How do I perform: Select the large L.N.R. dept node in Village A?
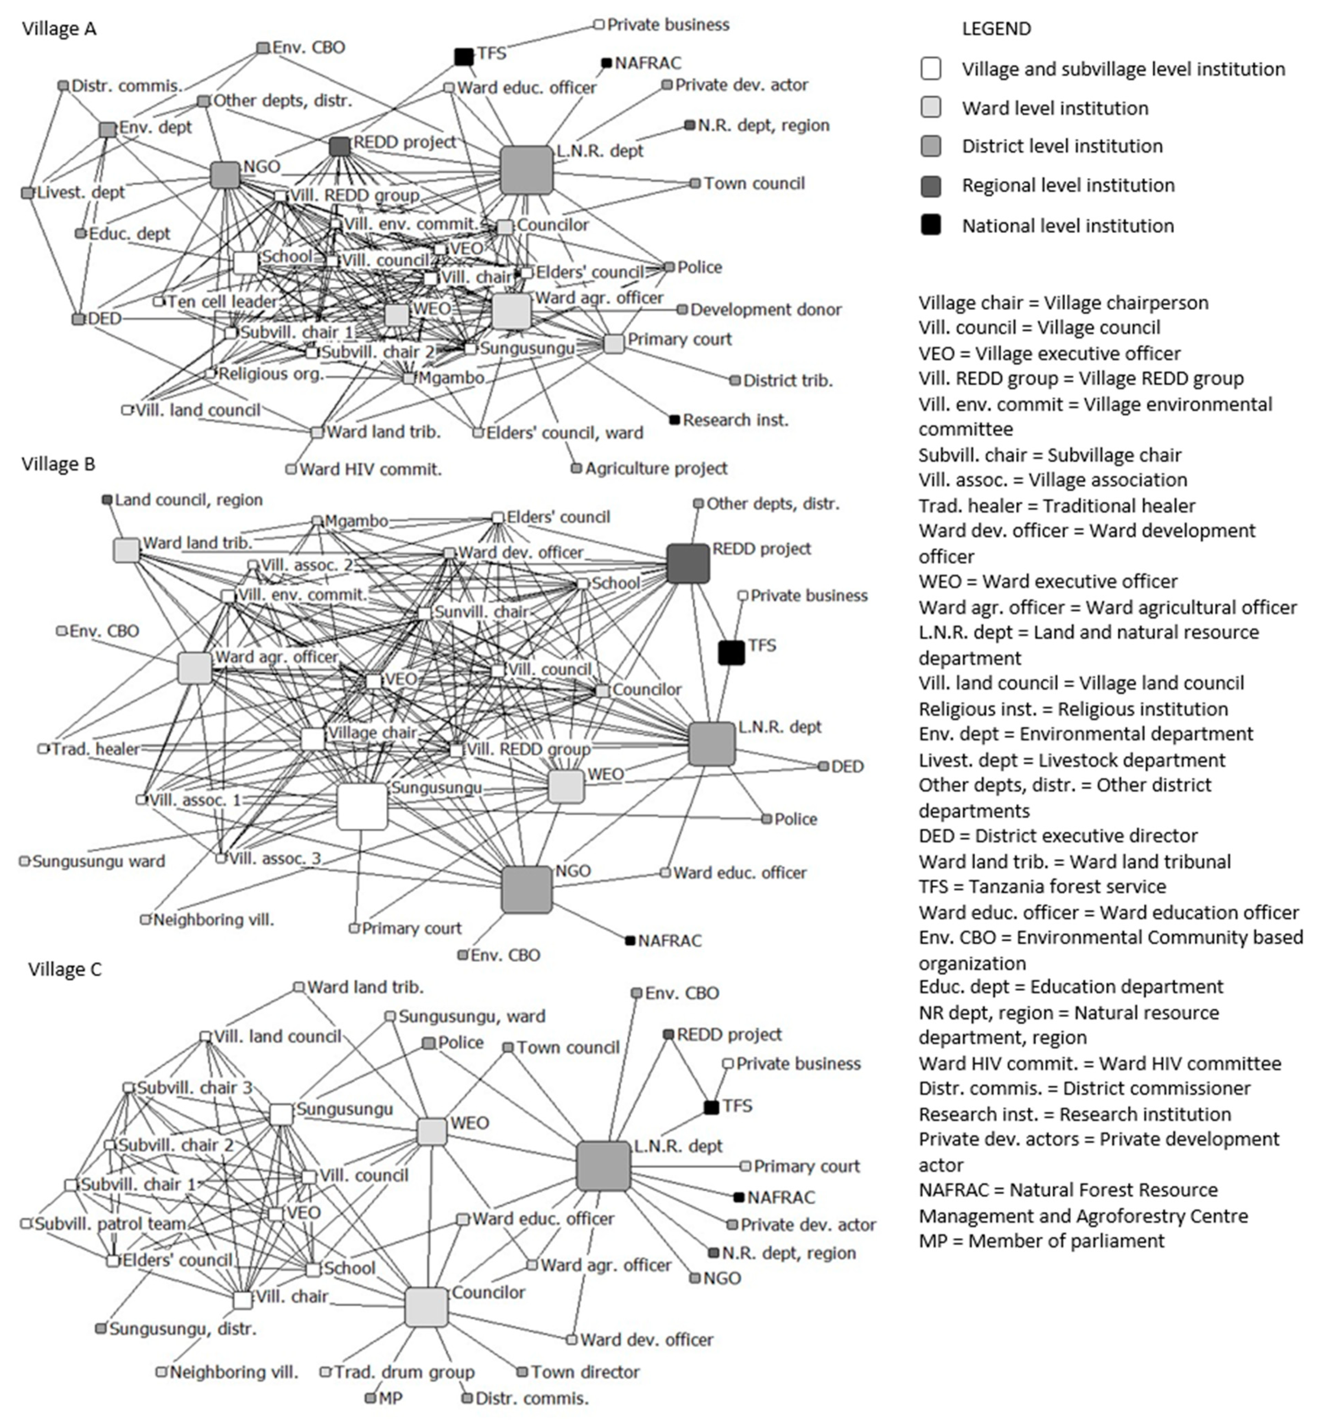pyautogui.click(x=527, y=171)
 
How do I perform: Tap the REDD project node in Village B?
pyautogui.click(x=688, y=563)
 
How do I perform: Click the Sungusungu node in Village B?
pyautogui.click(x=362, y=806)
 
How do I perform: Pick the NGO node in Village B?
pyautogui.click(x=527, y=890)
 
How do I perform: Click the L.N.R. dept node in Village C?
pyautogui.click(x=603, y=1166)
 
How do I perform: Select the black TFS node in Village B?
pyautogui.click(x=731, y=653)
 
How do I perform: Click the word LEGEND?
pyautogui.click(x=996, y=29)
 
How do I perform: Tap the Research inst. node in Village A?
pyautogui.click(x=674, y=419)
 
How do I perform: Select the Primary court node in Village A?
pyautogui.click(x=614, y=344)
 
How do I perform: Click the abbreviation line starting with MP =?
pyautogui.click(x=1041, y=1241)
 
